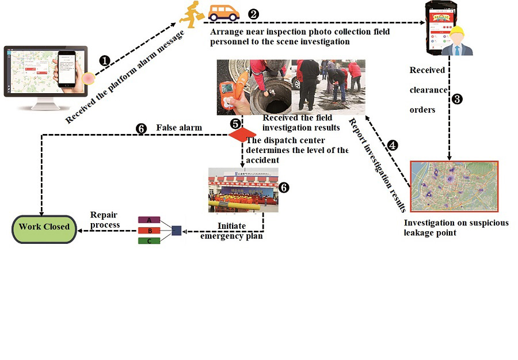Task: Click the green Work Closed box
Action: tap(44, 227)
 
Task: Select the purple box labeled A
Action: tap(149, 220)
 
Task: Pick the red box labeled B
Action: tap(149, 230)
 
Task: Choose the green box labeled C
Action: tap(149, 240)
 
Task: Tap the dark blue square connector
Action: tap(176, 231)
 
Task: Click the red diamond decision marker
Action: tap(242, 134)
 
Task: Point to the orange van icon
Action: tap(223, 12)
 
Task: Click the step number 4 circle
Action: tap(392, 145)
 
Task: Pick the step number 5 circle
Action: tap(235, 123)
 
